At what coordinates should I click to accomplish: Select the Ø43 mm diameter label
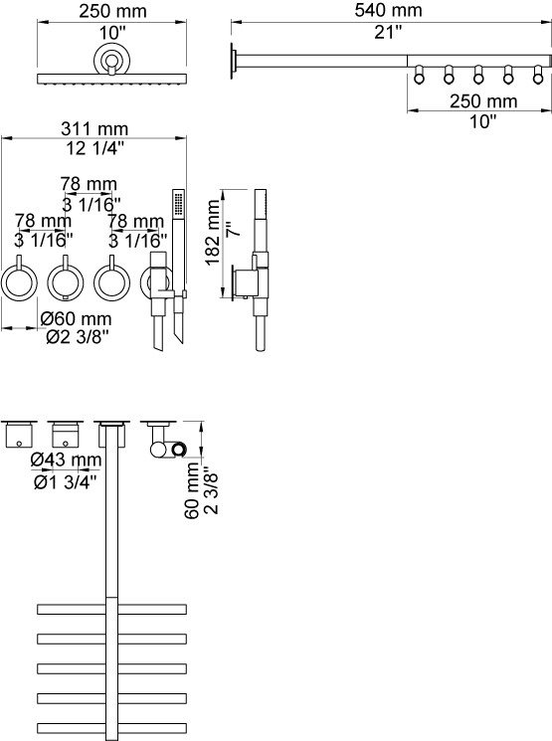pyautogui.click(x=66, y=460)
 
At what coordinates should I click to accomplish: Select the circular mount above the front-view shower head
pyautogui.click(x=112, y=61)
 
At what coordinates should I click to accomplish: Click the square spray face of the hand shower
pyautogui.click(x=178, y=203)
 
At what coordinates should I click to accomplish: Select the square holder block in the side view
pyautogui.click(x=252, y=281)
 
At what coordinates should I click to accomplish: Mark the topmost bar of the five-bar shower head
pyautogui.click(x=111, y=607)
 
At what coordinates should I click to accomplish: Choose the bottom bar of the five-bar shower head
pyautogui.click(x=111, y=727)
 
